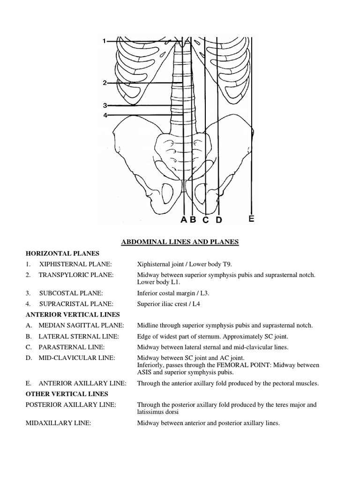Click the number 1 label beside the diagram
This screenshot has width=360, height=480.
click(104, 42)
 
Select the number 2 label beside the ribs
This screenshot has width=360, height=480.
click(105, 83)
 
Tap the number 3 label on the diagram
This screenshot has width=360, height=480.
click(105, 105)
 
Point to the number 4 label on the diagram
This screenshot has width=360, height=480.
click(105, 115)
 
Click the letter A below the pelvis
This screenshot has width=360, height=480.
click(183, 219)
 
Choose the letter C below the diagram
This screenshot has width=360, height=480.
click(205, 219)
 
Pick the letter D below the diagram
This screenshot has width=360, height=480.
click(218, 219)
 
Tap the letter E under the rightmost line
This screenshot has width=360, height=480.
click(252, 218)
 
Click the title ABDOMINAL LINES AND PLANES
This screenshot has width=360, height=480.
click(180, 242)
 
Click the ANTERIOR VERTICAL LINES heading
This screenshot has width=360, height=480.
click(73, 315)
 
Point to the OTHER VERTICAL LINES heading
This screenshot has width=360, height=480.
click(67, 394)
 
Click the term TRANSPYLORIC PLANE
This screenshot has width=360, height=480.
click(76, 275)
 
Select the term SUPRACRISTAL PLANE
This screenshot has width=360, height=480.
click(76, 304)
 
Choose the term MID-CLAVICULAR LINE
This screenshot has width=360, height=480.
click(76, 358)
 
